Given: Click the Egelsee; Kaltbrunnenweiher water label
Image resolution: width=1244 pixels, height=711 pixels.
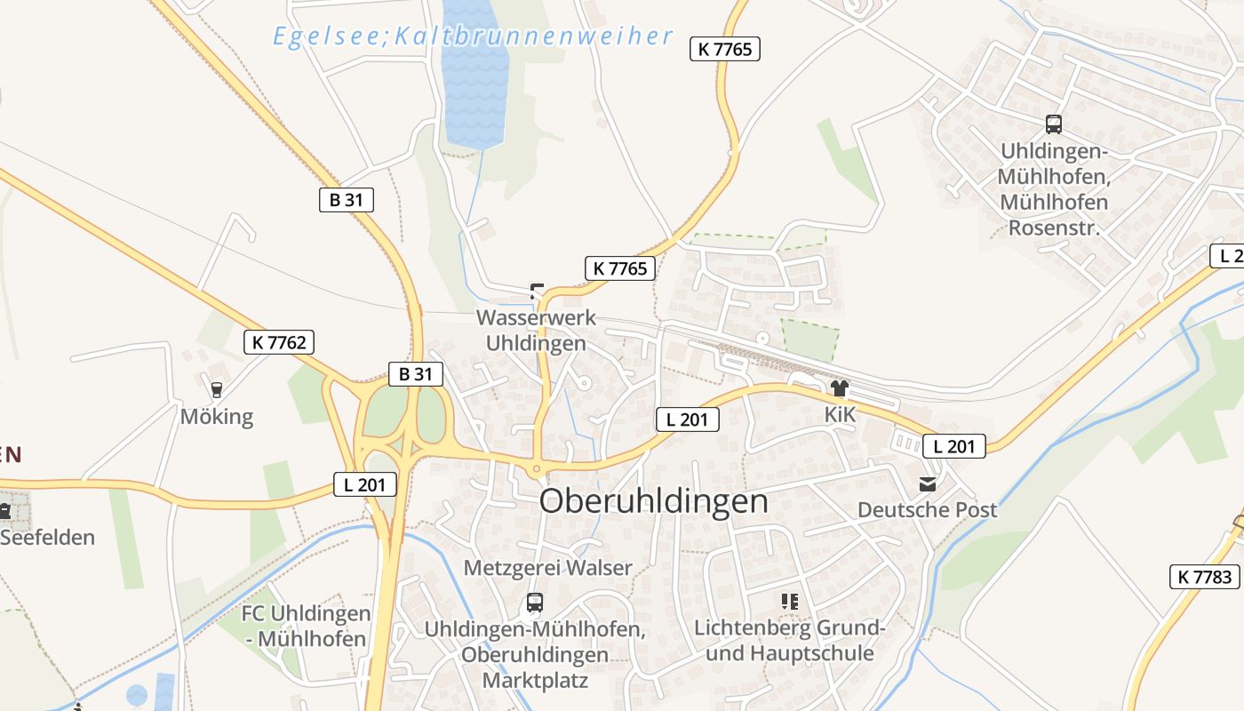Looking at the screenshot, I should (x=473, y=36).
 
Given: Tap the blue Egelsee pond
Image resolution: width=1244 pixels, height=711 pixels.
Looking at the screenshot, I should (x=474, y=80).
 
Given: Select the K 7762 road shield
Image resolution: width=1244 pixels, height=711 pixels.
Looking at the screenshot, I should (x=279, y=342).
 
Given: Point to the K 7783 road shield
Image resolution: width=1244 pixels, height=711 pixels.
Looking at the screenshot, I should (x=1205, y=577).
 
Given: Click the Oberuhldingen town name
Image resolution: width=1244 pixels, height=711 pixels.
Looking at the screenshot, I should (x=653, y=501).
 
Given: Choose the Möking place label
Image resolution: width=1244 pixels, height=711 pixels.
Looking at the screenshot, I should (x=217, y=416).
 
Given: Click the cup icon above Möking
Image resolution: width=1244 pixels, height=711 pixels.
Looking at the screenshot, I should (x=215, y=388).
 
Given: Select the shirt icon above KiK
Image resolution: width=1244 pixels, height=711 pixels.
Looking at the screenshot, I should (x=839, y=387).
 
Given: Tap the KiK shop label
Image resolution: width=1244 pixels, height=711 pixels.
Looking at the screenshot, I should (x=839, y=414).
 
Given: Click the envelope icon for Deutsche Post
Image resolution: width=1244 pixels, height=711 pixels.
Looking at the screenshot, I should (x=928, y=483).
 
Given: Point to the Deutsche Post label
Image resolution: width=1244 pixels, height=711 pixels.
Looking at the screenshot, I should (x=927, y=510).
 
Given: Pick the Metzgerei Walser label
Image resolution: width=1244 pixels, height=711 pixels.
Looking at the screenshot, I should (x=548, y=568).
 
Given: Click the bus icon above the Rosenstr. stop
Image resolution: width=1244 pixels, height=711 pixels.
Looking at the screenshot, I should (x=1054, y=124).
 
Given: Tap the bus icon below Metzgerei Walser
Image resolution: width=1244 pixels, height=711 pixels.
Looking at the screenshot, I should (x=534, y=602).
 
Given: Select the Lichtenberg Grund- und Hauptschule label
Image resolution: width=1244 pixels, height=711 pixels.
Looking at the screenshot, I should (x=789, y=641).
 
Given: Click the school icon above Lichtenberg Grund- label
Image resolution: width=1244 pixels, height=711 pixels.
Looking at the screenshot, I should (x=789, y=602).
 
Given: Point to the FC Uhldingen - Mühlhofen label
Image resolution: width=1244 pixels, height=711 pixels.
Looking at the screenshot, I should (x=306, y=626).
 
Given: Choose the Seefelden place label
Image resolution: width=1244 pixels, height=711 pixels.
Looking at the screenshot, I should (x=47, y=538).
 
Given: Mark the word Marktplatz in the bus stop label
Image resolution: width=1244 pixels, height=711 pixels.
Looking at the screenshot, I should (x=535, y=681).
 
